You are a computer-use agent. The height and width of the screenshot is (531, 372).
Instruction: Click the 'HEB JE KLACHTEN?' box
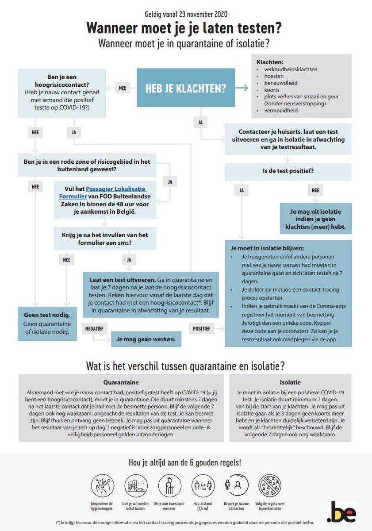(x=186, y=88)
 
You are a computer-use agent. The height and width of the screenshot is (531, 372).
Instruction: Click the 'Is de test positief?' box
(x=288, y=171)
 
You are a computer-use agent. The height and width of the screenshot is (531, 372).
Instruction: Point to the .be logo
(x=341, y=512)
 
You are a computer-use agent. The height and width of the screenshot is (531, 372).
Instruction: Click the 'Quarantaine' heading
(x=121, y=382)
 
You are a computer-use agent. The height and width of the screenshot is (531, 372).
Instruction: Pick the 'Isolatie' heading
(x=290, y=382)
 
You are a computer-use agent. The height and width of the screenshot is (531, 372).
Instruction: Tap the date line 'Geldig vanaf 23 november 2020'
(x=185, y=15)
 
